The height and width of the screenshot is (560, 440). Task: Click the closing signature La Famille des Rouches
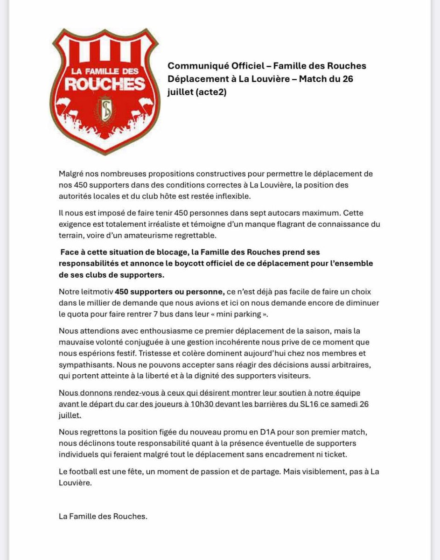103,516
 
